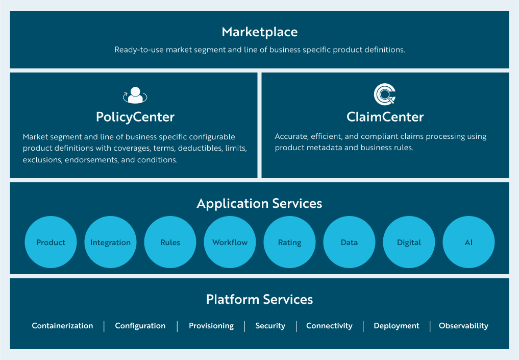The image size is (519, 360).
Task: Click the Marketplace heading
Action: [x=259, y=32]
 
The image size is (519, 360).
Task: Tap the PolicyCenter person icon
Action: [x=135, y=95]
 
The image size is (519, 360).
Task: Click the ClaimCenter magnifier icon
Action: [x=385, y=94]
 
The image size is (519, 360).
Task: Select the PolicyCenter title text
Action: [x=135, y=117]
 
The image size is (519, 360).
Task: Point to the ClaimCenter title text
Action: [x=385, y=117]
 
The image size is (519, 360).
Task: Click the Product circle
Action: [x=51, y=243]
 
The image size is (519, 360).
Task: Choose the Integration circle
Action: [x=110, y=243]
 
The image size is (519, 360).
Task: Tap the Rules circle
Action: [x=170, y=243]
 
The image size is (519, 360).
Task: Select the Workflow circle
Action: [x=230, y=243]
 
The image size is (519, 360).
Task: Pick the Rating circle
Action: [x=289, y=243]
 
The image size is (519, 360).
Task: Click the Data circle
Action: [x=349, y=243]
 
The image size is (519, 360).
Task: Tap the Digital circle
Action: [x=409, y=243]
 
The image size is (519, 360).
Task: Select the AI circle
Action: [x=468, y=243]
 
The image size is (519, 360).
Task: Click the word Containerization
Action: [x=62, y=326]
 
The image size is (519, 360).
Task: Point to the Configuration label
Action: [x=140, y=326]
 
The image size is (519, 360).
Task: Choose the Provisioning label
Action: [x=211, y=326]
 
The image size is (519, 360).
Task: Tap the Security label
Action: [x=270, y=326]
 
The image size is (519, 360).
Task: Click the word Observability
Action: [x=463, y=326]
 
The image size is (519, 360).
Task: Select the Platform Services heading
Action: [x=259, y=299]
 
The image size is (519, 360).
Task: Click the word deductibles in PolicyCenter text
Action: [x=199, y=148]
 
